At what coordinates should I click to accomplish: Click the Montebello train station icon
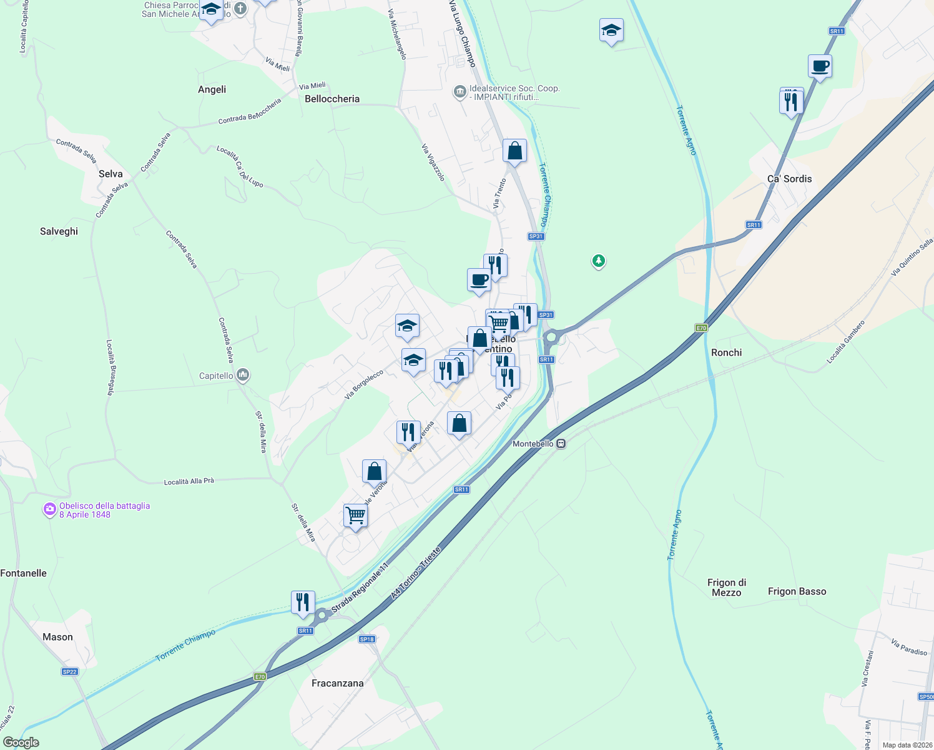pyautogui.click(x=561, y=444)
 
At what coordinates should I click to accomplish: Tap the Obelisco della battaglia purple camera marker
pyautogui.click(x=49, y=510)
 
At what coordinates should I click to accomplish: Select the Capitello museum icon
pyautogui.click(x=243, y=376)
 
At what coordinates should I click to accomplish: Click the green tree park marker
pyautogui.click(x=599, y=261)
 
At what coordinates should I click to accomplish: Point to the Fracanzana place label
pyautogui.click(x=337, y=683)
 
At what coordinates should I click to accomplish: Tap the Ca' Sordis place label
pyautogui.click(x=789, y=179)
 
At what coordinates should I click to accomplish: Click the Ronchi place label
pyautogui.click(x=726, y=352)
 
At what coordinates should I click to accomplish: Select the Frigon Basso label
pyautogui.click(x=797, y=591)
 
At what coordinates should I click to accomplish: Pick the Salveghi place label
pyautogui.click(x=59, y=231)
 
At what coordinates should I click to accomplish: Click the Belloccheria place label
pyautogui.click(x=332, y=99)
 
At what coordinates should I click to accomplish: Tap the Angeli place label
pyautogui.click(x=212, y=89)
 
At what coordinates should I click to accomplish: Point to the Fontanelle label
pyautogui.click(x=24, y=573)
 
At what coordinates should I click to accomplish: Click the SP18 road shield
pyautogui.click(x=367, y=639)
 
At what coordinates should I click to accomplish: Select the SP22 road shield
pyautogui.click(x=69, y=672)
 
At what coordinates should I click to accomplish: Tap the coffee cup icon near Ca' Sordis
pyautogui.click(x=820, y=66)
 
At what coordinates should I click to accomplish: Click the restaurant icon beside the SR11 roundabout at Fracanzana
pyautogui.click(x=303, y=602)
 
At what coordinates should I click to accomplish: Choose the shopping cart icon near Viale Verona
pyautogui.click(x=355, y=516)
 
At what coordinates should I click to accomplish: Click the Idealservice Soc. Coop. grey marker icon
pyautogui.click(x=460, y=92)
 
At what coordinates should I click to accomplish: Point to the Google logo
pyautogui.click(x=21, y=742)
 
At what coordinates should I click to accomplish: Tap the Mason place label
pyautogui.click(x=57, y=637)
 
